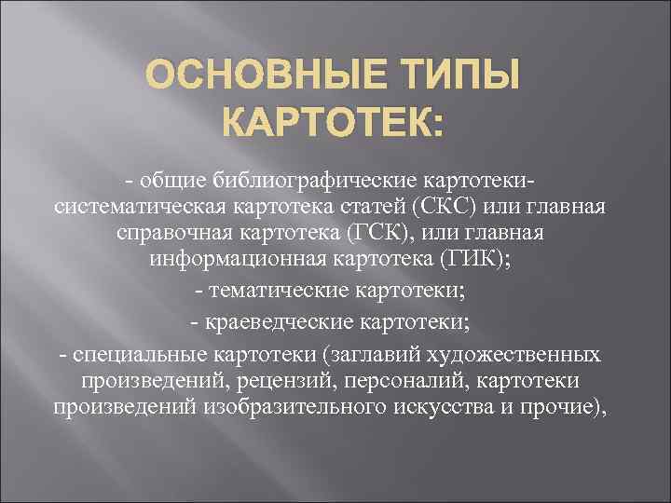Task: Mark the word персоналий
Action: pos(423,381)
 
